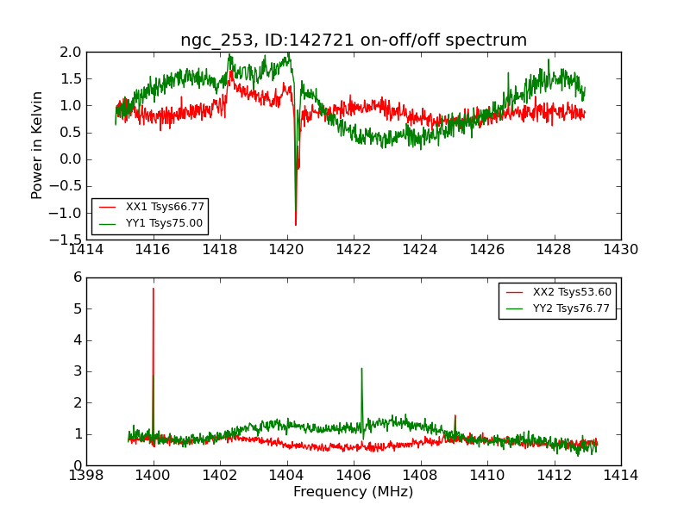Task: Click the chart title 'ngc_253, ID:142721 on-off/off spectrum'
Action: (x=354, y=40)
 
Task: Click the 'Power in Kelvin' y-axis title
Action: (x=37, y=145)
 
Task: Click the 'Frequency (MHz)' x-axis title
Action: (x=354, y=492)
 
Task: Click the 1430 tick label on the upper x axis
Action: (x=621, y=250)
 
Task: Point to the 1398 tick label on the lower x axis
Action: (x=86, y=475)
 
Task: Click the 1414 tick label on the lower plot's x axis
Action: (x=621, y=475)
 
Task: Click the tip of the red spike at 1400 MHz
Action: (x=154, y=288)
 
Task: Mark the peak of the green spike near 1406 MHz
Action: (x=361, y=368)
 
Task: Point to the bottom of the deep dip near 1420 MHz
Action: (x=296, y=226)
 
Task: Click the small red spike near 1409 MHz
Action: (x=455, y=415)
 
